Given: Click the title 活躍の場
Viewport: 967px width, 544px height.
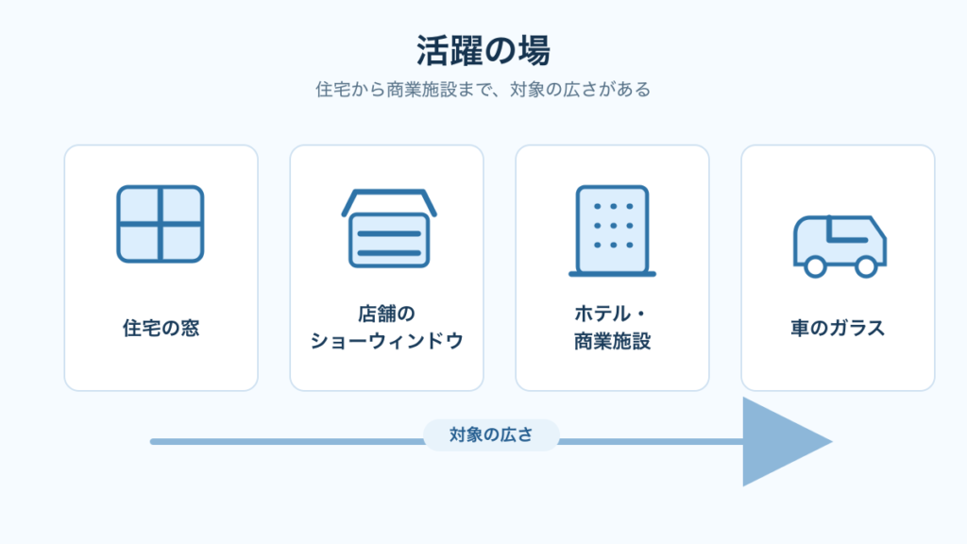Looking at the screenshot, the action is point(483,51).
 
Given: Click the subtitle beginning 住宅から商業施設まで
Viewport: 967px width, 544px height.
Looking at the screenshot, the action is point(483,90).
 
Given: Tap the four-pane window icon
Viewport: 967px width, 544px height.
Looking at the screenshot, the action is point(161,224).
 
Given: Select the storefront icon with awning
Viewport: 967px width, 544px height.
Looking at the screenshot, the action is point(389,229).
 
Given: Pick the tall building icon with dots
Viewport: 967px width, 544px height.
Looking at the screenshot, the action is point(612,230).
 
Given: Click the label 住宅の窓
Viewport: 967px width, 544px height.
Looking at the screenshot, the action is point(161,328).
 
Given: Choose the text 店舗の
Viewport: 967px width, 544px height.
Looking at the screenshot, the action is point(386,314).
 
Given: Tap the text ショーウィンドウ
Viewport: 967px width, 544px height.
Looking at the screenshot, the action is point(386,341).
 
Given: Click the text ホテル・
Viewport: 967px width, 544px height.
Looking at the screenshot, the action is point(610,314).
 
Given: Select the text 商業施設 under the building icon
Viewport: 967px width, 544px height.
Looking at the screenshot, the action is point(612,341).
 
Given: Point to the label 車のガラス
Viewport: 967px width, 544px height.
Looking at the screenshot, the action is point(839,328).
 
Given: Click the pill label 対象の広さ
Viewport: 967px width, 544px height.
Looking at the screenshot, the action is point(491,434).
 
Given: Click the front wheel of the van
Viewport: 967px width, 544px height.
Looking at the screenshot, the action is point(866,267).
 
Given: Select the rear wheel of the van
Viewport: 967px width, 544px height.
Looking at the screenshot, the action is point(815,267).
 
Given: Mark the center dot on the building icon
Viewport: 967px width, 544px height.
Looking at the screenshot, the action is point(614,226).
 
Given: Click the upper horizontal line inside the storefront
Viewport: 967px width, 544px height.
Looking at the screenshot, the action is point(389,234).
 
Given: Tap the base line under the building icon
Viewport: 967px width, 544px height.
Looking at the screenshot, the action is point(612,274).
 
